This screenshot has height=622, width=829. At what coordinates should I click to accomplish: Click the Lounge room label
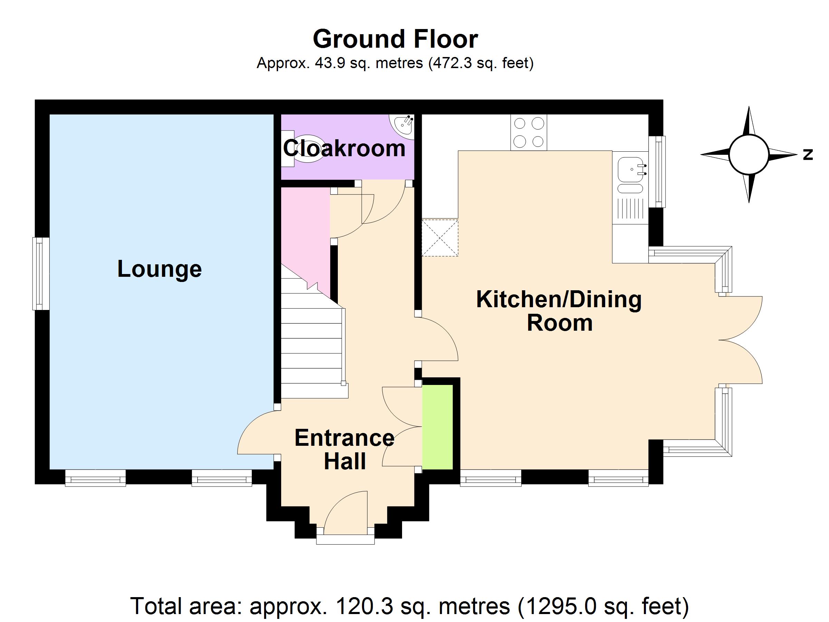coord(160,269)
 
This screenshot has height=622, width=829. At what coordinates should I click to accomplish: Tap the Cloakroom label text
coord(344,148)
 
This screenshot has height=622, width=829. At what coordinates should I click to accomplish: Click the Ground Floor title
coord(396,39)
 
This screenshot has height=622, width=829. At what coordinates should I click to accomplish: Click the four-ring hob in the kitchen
coord(528,132)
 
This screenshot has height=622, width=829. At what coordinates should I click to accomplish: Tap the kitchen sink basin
coord(630,169)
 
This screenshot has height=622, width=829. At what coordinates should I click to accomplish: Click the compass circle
coord(749,154)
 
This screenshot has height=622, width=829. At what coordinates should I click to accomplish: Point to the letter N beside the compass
coord(808,154)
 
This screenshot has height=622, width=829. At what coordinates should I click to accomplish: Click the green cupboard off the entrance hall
coord(437,427)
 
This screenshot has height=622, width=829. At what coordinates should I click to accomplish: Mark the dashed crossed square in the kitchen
coord(440,238)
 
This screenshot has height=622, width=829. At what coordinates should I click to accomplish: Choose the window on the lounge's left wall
coord(41,274)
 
